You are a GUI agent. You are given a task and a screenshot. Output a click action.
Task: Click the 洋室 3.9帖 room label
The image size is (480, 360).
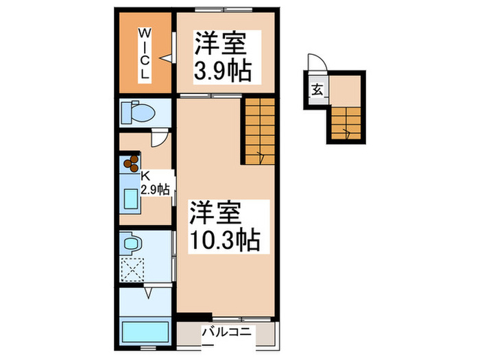tap(221, 56)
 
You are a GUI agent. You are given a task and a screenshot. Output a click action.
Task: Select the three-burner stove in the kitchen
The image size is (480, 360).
tap(130, 164)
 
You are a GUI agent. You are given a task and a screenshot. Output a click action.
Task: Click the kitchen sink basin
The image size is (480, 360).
tap(131, 200)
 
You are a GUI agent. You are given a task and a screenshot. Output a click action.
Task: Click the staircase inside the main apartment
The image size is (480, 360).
tap(259, 130)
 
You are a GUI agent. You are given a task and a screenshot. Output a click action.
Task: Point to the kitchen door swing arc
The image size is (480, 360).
tap(157, 139)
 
